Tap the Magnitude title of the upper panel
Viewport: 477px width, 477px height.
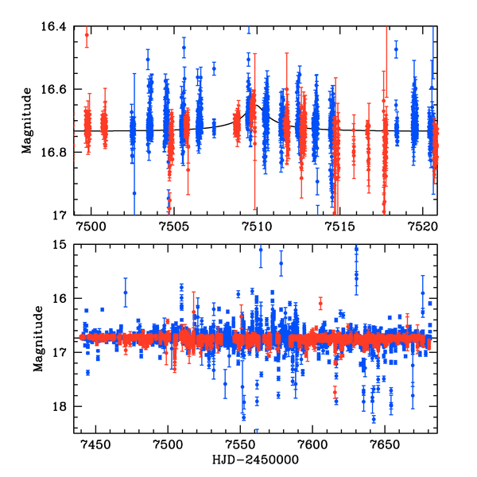click(x=27, y=120)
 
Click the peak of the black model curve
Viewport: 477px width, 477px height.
click(x=256, y=103)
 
